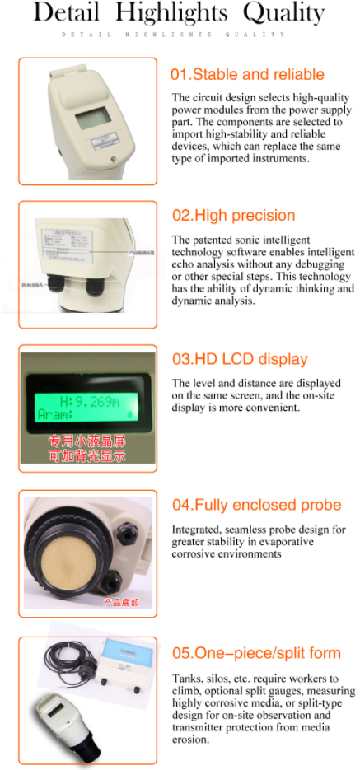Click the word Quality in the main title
point(285,13)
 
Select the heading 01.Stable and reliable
point(247,74)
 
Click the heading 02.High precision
point(233,216)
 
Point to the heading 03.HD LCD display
point(240,359)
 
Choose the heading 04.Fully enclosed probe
point(256,505)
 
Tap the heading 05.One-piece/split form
point(256,653)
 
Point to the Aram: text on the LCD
point(57,416)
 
